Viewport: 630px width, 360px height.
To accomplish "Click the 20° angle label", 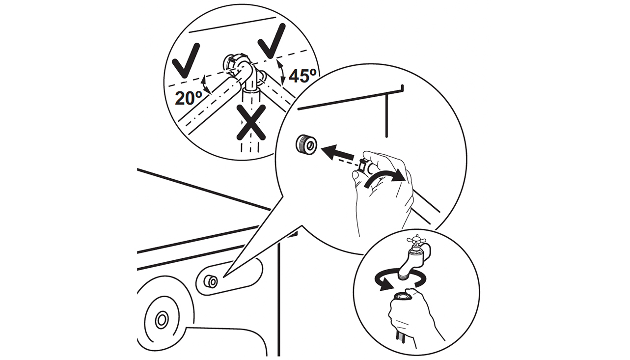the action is point(189,98).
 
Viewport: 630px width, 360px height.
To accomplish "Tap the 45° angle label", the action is point(302,76).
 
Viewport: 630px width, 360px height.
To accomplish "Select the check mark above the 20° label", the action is point(186,60).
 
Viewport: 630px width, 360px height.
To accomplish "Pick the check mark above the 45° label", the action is point(272,41).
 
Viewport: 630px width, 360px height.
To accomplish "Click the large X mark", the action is point(251,122).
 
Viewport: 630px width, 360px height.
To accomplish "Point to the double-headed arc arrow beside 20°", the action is point(207,84).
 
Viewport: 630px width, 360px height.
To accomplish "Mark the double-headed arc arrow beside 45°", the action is point(281,72).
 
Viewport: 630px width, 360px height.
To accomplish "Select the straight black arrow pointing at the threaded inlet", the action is point(337,153).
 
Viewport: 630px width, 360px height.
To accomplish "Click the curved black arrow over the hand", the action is point(385,178).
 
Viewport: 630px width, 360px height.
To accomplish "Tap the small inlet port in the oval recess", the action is point(211,281).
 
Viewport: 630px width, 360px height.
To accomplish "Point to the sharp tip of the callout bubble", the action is point(223,277).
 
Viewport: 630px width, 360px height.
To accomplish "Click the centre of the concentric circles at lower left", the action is point(162,320).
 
